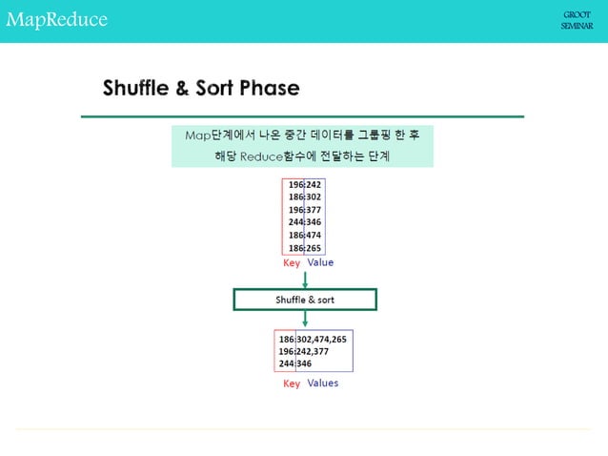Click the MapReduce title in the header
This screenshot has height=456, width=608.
click(x=56, y=20)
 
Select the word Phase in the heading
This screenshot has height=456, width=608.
click(x=269, y=89)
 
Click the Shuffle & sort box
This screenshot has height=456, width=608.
click(x=305, y=300)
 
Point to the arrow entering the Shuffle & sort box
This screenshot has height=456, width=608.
click(x=305, y=279)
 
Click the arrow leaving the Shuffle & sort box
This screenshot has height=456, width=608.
click(x=305, y=320)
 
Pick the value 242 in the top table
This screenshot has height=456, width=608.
click(x=314, y=185)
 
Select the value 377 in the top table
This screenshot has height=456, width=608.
click(x=314, y=210)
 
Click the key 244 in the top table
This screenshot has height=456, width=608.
click(x=295, y=222)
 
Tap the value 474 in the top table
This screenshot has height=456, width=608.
click(x=314, y=235)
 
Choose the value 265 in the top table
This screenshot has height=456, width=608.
click(x=314, y=248)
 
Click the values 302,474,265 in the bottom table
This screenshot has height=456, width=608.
click(x=323, y=339)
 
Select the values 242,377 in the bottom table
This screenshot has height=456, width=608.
click(x=314, y=351)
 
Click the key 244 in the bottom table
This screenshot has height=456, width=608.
click(x=286, y=363)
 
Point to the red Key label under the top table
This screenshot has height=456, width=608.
click(x=292, y=262)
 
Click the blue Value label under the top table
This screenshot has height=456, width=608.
click(x=320, y=262)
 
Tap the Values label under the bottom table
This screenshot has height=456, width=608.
click(x=323, y=383)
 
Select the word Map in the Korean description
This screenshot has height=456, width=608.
click(x=197, y=135)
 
